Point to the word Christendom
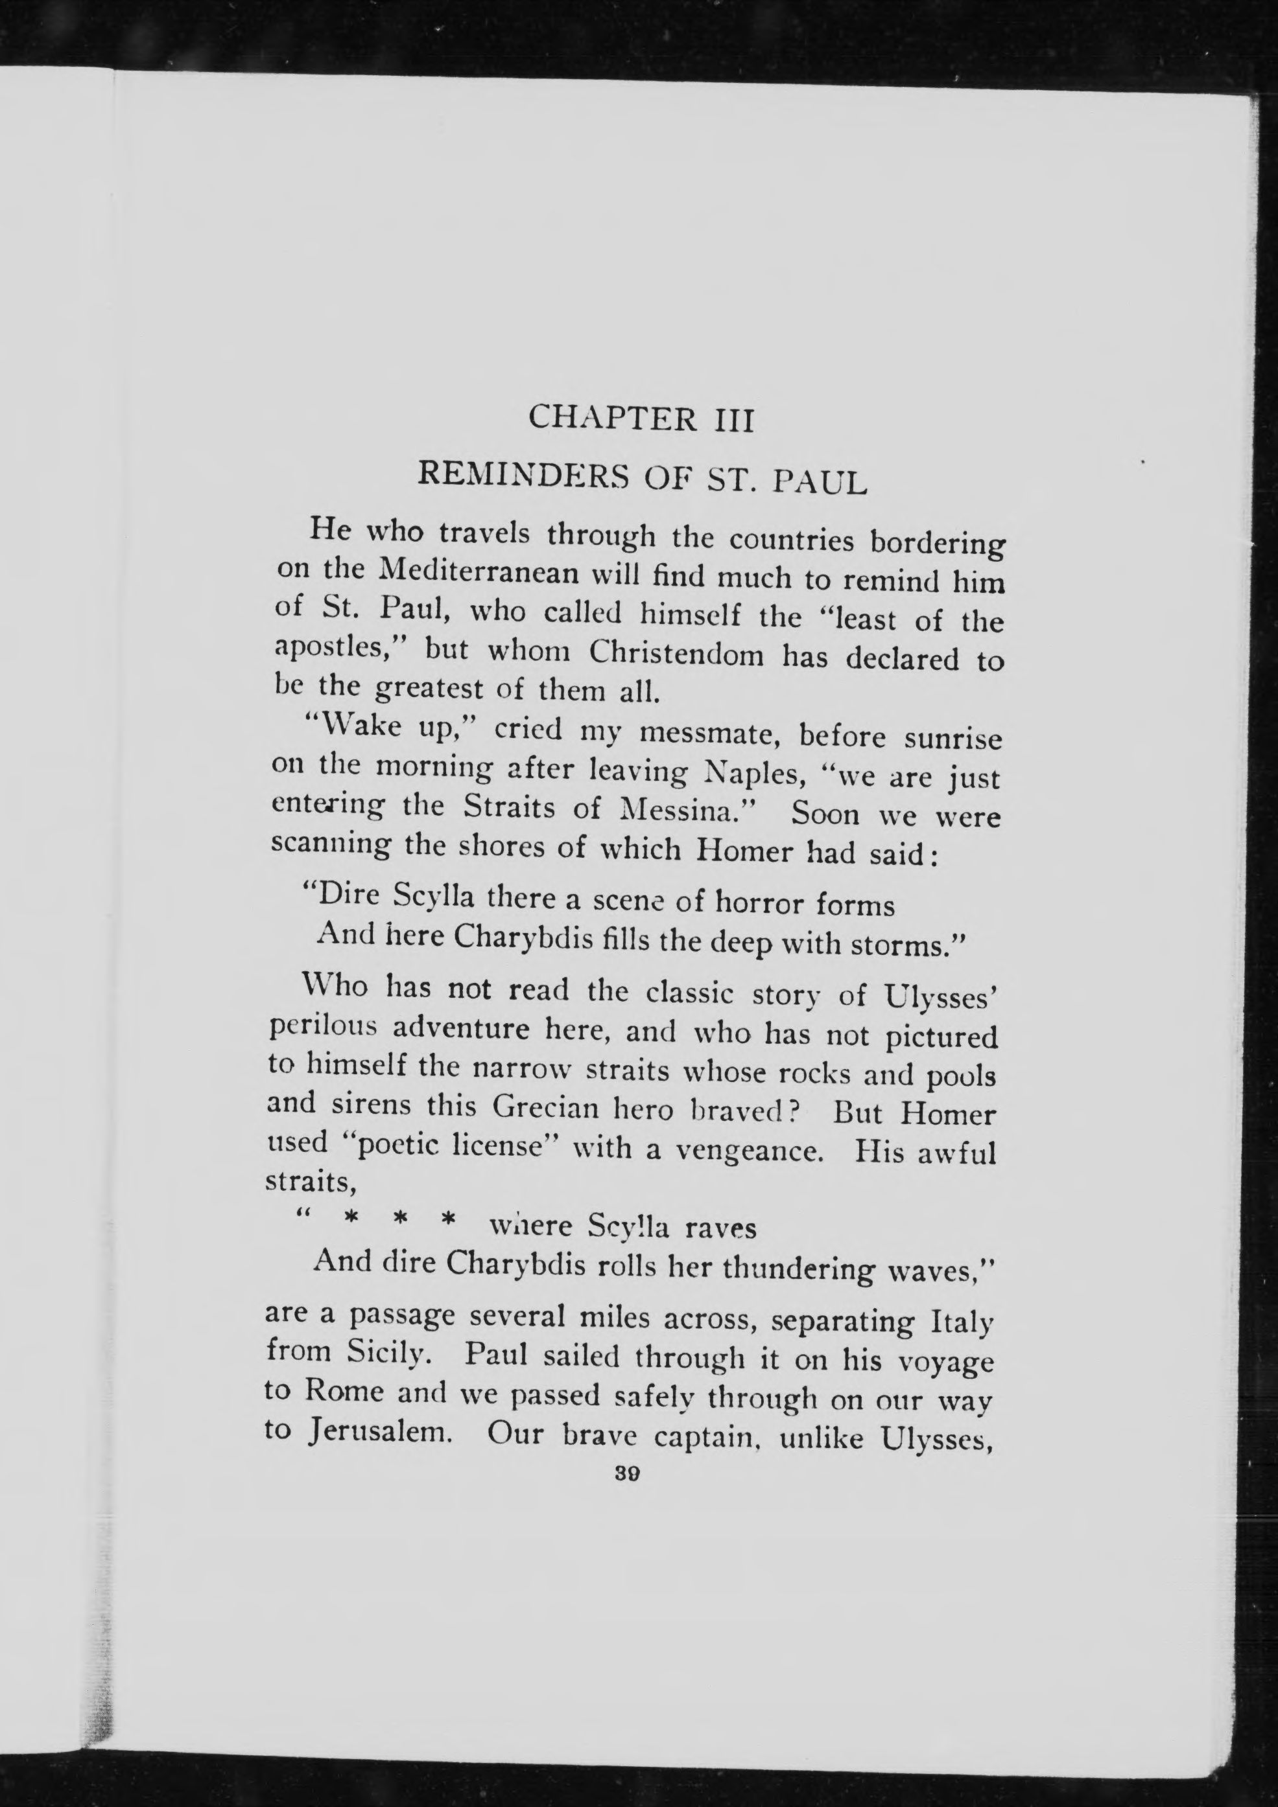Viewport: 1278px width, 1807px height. pyautogui.click(x=676, y=654)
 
